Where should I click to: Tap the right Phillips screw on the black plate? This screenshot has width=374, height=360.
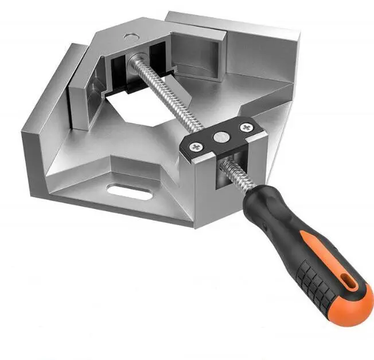tap(247, 127)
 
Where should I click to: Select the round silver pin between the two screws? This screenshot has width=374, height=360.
tap(220, 137)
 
